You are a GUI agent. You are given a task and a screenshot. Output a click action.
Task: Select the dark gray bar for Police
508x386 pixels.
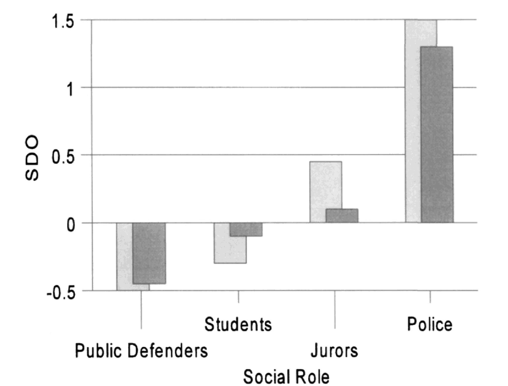pyautogui.click(x=437, y=135)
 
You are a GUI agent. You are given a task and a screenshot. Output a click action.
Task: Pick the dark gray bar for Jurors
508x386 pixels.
pyautogui.click(x=342, y=216)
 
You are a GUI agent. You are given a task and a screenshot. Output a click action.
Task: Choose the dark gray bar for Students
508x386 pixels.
pyautogui.click(x=246, y=230)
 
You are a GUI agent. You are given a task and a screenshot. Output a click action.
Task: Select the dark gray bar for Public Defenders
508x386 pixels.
pyautogui.click(x=149, y=253)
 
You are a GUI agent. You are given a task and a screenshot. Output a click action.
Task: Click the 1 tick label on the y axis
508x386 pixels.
pyautogui.click(x=69, y=89)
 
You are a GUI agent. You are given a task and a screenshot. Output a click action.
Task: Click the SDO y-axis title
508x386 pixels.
pyautogui.click(x=32, y=158)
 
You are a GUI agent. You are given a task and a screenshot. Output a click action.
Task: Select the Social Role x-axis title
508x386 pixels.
pyautogui.click(x=286, y=377)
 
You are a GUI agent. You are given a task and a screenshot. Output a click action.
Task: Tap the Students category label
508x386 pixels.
pyautogui.click(x=238, y=325)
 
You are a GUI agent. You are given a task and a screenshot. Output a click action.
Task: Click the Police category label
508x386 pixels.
pyautogui.click(x=430, y=324)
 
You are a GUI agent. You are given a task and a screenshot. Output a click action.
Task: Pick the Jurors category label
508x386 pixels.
pyautogui.click(x=334, y=351)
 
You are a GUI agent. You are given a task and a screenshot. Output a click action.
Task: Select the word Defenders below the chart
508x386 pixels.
pyautogui.click(x=168, y=351)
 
